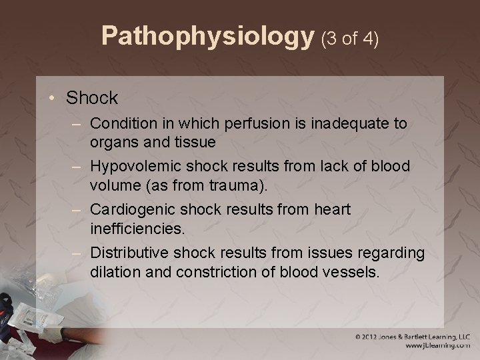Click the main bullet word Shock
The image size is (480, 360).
point(92,98)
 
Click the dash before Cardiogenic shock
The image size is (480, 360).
point(79,209)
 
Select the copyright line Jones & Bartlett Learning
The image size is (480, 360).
point(413,337)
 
